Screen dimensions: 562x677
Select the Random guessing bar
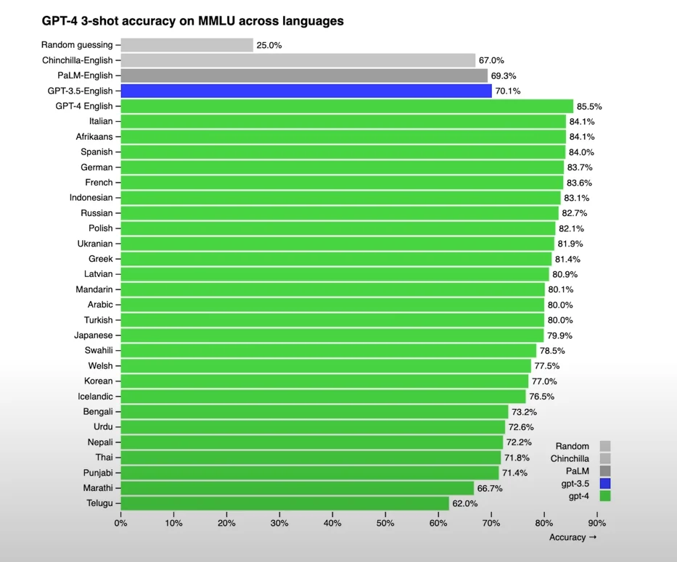tap(186, 45)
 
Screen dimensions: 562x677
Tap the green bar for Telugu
tap(284, 503)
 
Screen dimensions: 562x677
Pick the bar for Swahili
tap(328, 351)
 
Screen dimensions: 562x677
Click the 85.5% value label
tap(589, 107)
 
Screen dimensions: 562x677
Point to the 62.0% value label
tap(465, 503)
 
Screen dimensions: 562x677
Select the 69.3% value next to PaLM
tap(504, 75)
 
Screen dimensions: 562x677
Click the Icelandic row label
tap(95, 397)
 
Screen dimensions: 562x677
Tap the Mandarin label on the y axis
tap(94, 290)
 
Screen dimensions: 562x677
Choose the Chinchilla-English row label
tap(78, 60)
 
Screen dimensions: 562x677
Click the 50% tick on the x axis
tap(385, 522)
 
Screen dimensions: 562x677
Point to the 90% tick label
tap(596, 522)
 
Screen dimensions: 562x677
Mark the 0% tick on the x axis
tap(120, 522)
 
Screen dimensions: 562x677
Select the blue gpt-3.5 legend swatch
tap(605, 484)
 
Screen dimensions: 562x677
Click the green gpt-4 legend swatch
tap(605, 496)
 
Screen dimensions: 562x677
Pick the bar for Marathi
tap(297, 488)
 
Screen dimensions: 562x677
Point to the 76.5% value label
tap(543, 397)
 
